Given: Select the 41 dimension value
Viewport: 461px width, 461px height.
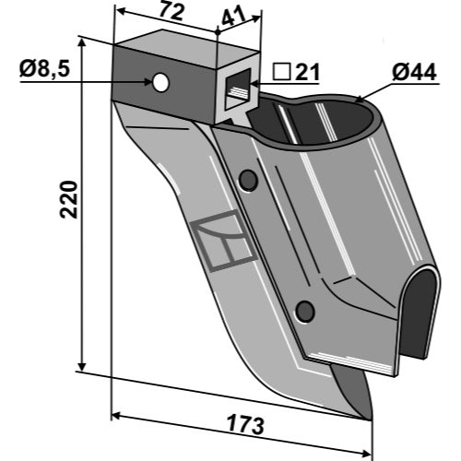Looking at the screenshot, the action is pos(234,17).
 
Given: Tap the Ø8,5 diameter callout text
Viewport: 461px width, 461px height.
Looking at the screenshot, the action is pos(45,69).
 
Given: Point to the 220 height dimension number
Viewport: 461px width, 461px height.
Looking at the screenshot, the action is pos(69,200).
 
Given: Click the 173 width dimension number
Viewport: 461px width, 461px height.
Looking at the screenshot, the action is pos(245,424).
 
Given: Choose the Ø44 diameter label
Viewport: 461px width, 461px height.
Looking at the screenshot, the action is pos(414,73).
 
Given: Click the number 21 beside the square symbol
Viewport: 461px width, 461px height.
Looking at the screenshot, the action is pos(308,73).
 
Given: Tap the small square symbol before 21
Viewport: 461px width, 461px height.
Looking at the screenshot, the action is pos(282,73).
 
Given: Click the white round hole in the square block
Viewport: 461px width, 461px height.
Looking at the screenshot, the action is pos(160,82).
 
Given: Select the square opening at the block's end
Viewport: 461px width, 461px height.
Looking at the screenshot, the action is pos(239,89).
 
